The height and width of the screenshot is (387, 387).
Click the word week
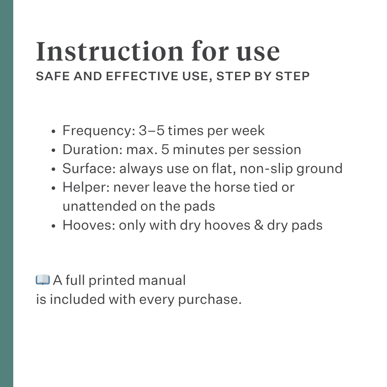tap(248, 131)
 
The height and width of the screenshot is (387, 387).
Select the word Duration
tap(92, 149)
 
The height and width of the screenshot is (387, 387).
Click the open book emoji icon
tap(43, 280)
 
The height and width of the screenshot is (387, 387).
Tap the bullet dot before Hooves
tap(53, 226)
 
